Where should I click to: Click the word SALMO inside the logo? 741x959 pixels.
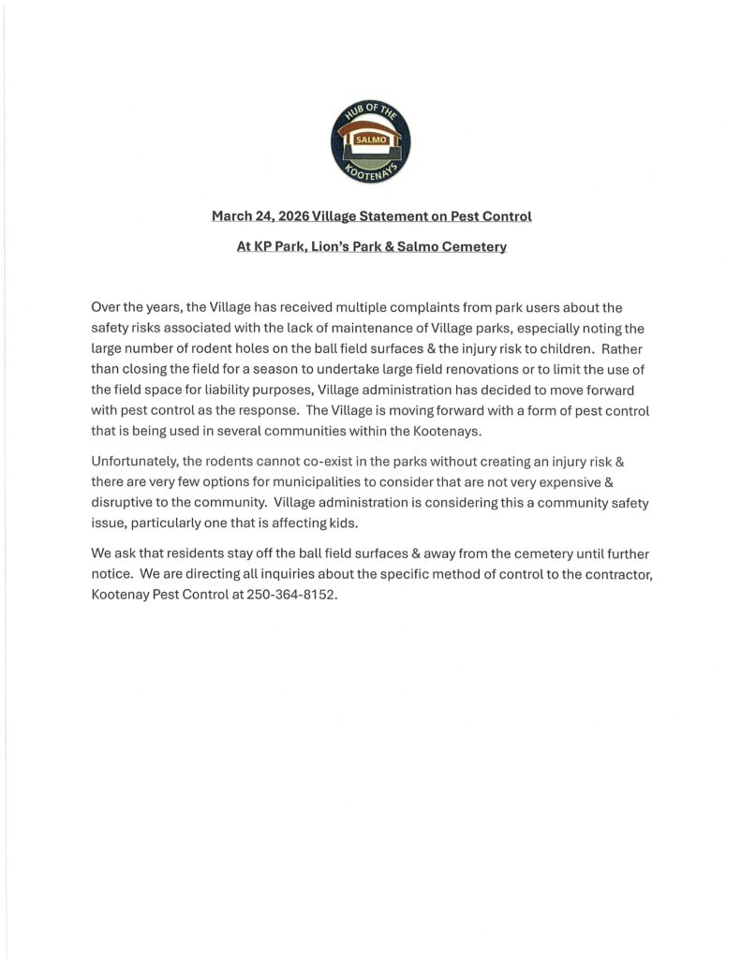coord(370,140)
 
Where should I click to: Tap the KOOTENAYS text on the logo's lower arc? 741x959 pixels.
coord(370,171)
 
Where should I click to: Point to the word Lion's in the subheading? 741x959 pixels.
coord(335,247)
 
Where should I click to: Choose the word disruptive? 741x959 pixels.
coord(126,502)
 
